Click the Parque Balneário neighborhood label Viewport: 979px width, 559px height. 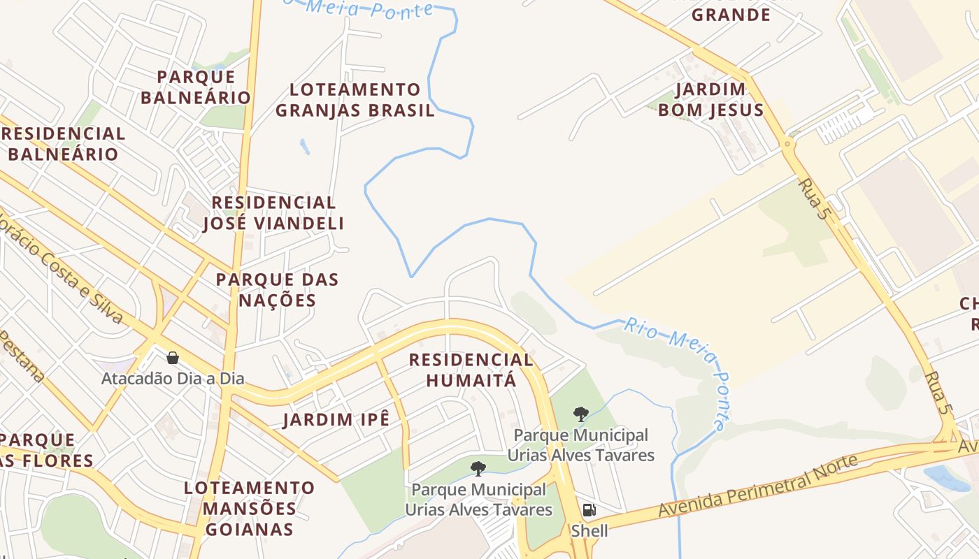[195, 87]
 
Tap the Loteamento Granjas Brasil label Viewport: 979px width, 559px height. [355, 100]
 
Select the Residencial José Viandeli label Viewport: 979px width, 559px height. [273, 213]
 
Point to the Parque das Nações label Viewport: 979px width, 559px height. [277, 289]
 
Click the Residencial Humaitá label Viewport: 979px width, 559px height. [471, 370]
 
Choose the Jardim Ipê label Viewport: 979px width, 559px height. [336, 419]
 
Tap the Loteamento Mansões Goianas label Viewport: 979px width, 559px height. [249, 508]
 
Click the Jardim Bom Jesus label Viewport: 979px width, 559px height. [710, 99]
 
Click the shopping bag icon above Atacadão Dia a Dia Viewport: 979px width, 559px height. [173, 358]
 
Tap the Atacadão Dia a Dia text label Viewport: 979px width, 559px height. [173, 379]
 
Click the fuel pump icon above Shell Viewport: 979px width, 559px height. [589, 510]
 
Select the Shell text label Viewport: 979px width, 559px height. [589, 530]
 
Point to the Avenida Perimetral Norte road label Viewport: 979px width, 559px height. [757, 486]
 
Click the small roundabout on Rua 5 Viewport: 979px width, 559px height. [789, 145]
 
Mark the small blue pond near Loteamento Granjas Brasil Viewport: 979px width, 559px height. [304, 147]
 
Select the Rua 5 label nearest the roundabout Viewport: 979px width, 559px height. [813, 199]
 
